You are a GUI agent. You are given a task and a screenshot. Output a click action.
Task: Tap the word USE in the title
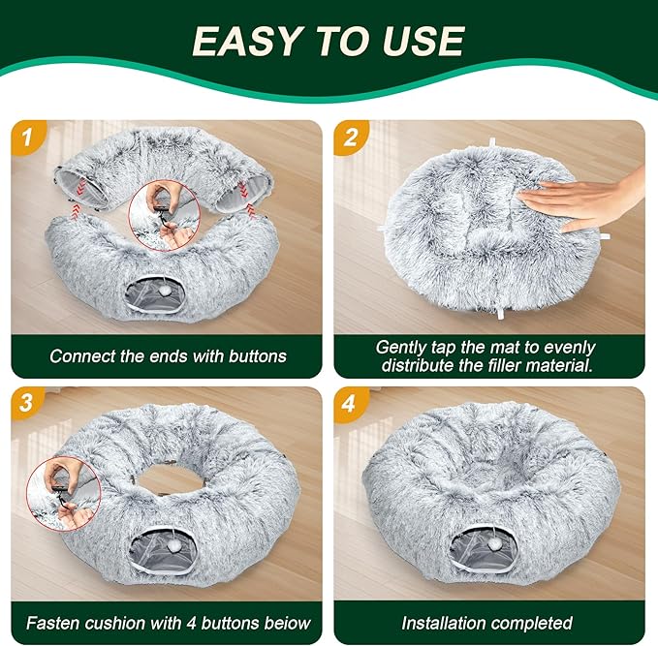[x=424, y=41]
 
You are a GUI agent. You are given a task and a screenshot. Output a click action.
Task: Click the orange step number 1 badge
[x=28, y=137]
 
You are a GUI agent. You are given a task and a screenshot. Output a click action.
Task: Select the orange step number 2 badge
[x=351, y=137]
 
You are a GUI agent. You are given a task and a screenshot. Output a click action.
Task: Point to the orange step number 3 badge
[x=26, y=403]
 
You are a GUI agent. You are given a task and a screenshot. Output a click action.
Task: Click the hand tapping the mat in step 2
[x=583, y=200]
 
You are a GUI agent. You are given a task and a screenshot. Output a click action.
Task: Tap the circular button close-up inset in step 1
[x=164, y=215]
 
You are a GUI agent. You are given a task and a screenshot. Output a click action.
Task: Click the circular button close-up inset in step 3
[x=64, y=493]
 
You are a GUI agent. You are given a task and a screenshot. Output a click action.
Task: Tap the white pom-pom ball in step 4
[x=493, y=544]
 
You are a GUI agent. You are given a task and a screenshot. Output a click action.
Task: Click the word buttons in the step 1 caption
[x=257, y=356]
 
